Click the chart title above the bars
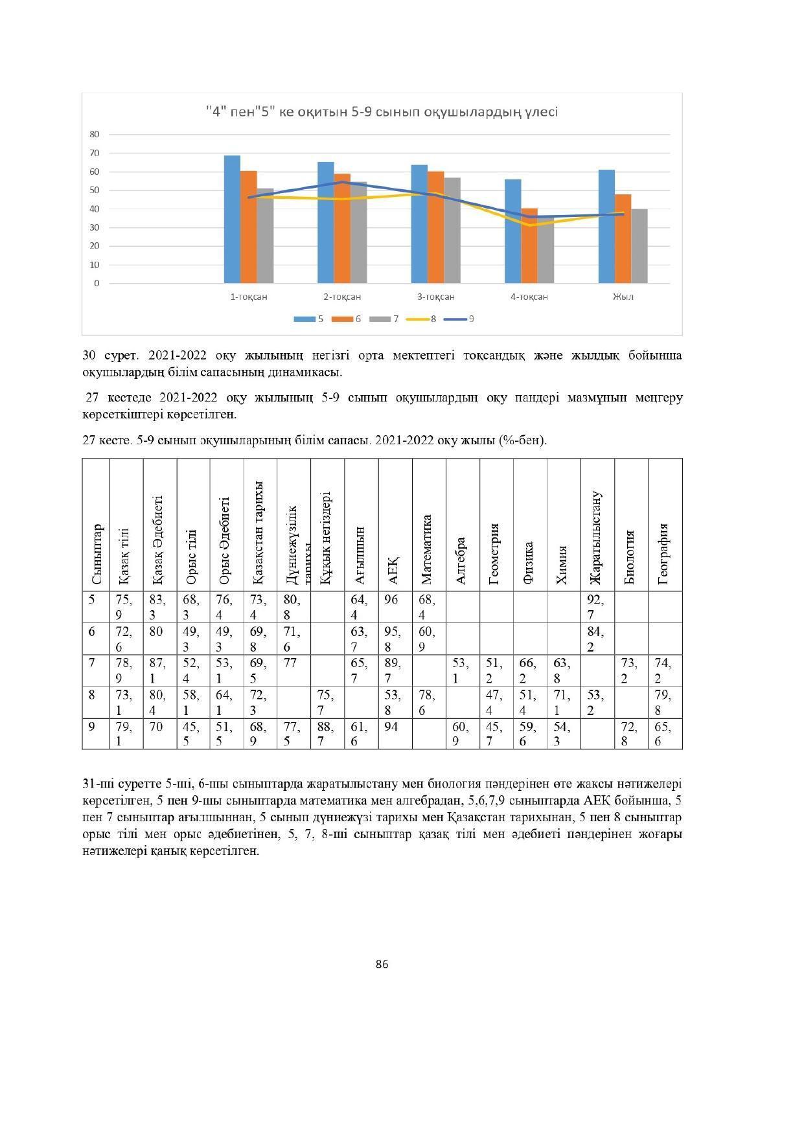pos(381,112)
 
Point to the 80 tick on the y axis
pos(95,134)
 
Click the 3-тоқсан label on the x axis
pos(435,297)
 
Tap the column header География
pos(665,554)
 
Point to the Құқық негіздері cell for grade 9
pos(327,734)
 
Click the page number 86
pos(382,964)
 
